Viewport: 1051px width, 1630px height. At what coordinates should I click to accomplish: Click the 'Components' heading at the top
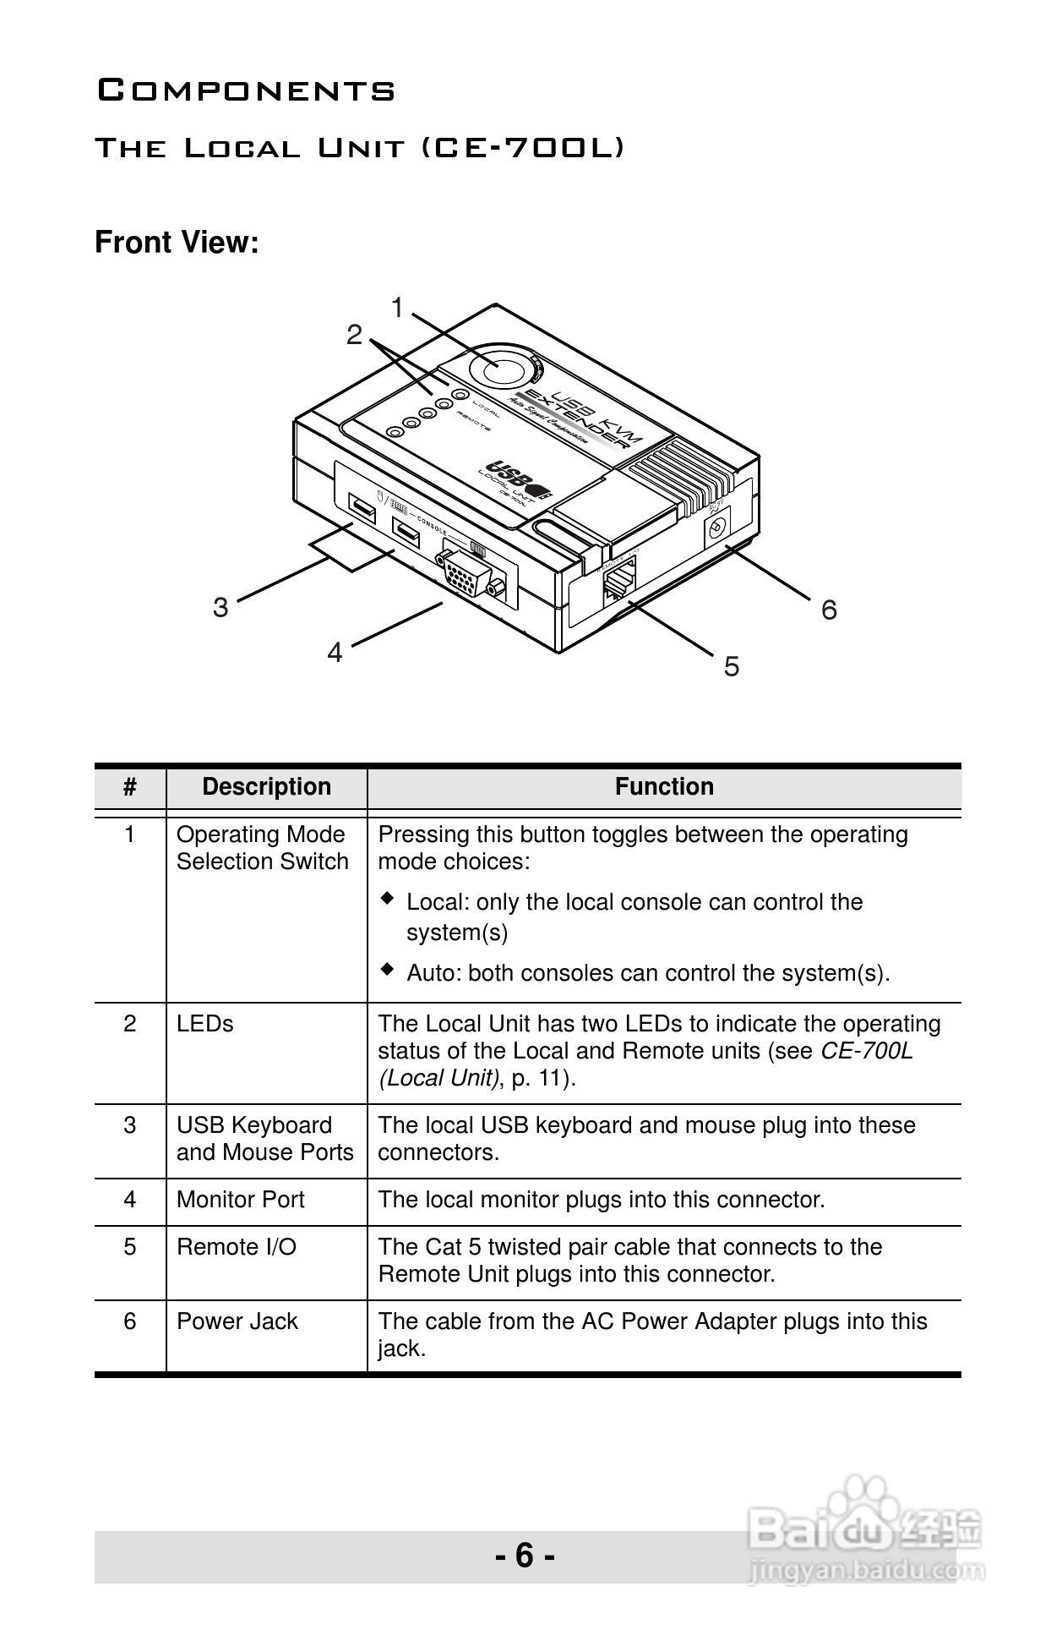tap(246, 90)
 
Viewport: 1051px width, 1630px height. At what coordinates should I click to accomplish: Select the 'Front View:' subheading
tap(177, 243)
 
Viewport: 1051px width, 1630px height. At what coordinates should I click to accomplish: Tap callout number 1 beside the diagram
tap(397, 308)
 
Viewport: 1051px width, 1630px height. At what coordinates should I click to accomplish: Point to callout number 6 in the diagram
tap(829, 610)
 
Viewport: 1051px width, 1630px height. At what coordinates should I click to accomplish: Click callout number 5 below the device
tap(731, 667)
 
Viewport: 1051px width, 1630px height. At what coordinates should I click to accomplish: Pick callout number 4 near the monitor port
tap(335, 653)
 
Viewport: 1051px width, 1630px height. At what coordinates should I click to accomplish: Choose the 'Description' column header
tap(266, 787)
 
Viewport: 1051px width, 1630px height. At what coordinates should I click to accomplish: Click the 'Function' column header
tap(664, 787)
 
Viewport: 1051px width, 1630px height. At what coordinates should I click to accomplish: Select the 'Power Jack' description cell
tap(237, 1321)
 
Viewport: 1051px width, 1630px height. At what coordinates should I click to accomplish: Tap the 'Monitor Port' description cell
tap(240, 1200)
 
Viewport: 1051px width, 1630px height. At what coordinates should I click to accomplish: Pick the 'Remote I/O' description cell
tap(237, 1247)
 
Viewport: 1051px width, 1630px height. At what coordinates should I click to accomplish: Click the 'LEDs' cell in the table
tap(204, 1024)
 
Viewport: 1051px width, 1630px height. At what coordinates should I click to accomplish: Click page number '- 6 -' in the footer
tap(525, 1555)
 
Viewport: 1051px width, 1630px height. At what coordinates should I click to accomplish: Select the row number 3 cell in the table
tap(130, 1125)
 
